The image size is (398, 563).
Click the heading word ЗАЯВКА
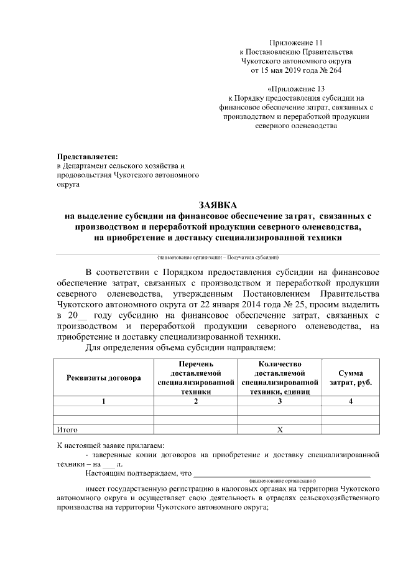click(x=218, y=205)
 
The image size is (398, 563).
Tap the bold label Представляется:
click(x=86, y=156)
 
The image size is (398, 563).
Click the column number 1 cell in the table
click(x=104, y=401)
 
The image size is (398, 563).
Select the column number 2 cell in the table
click(x=196, y=401)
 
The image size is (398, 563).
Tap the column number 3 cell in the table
click(x=280, y=401)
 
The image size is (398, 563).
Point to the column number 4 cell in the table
click(x=350, y=401)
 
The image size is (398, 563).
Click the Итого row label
click(x=67, y=429)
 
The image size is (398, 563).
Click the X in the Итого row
click(x=280, y=429)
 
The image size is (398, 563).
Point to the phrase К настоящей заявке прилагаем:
click(x=110, y=445)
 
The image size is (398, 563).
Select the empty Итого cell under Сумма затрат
click(x=350, y=429)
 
